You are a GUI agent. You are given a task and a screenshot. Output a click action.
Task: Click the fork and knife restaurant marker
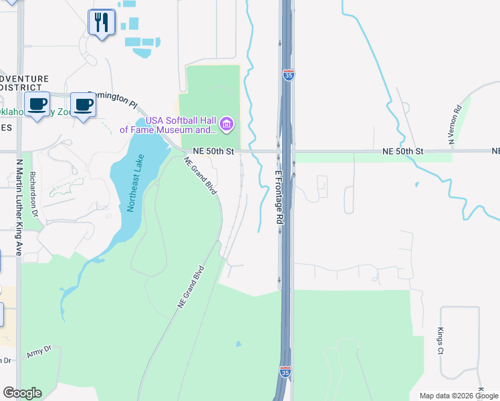[102, 23]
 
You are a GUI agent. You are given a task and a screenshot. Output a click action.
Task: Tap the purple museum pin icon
[227, 124]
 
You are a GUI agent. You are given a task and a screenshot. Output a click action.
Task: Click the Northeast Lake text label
[132, 182]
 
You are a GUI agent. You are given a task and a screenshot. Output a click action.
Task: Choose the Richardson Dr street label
[33, 194]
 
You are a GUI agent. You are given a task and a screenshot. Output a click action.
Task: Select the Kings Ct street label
[441, 341]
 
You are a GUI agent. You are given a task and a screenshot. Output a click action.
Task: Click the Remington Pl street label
[112, 100]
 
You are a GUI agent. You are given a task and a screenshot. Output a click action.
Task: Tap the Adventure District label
[24, 83]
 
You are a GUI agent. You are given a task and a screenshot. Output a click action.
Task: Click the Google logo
[22, 393]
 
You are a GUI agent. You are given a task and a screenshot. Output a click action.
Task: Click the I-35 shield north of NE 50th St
[288, 75]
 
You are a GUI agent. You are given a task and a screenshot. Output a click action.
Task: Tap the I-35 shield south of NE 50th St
[285, 370]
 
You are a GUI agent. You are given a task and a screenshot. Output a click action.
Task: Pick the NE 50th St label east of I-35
[403, 152]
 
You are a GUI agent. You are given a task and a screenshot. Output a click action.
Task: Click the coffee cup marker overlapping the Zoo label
[37, 105]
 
